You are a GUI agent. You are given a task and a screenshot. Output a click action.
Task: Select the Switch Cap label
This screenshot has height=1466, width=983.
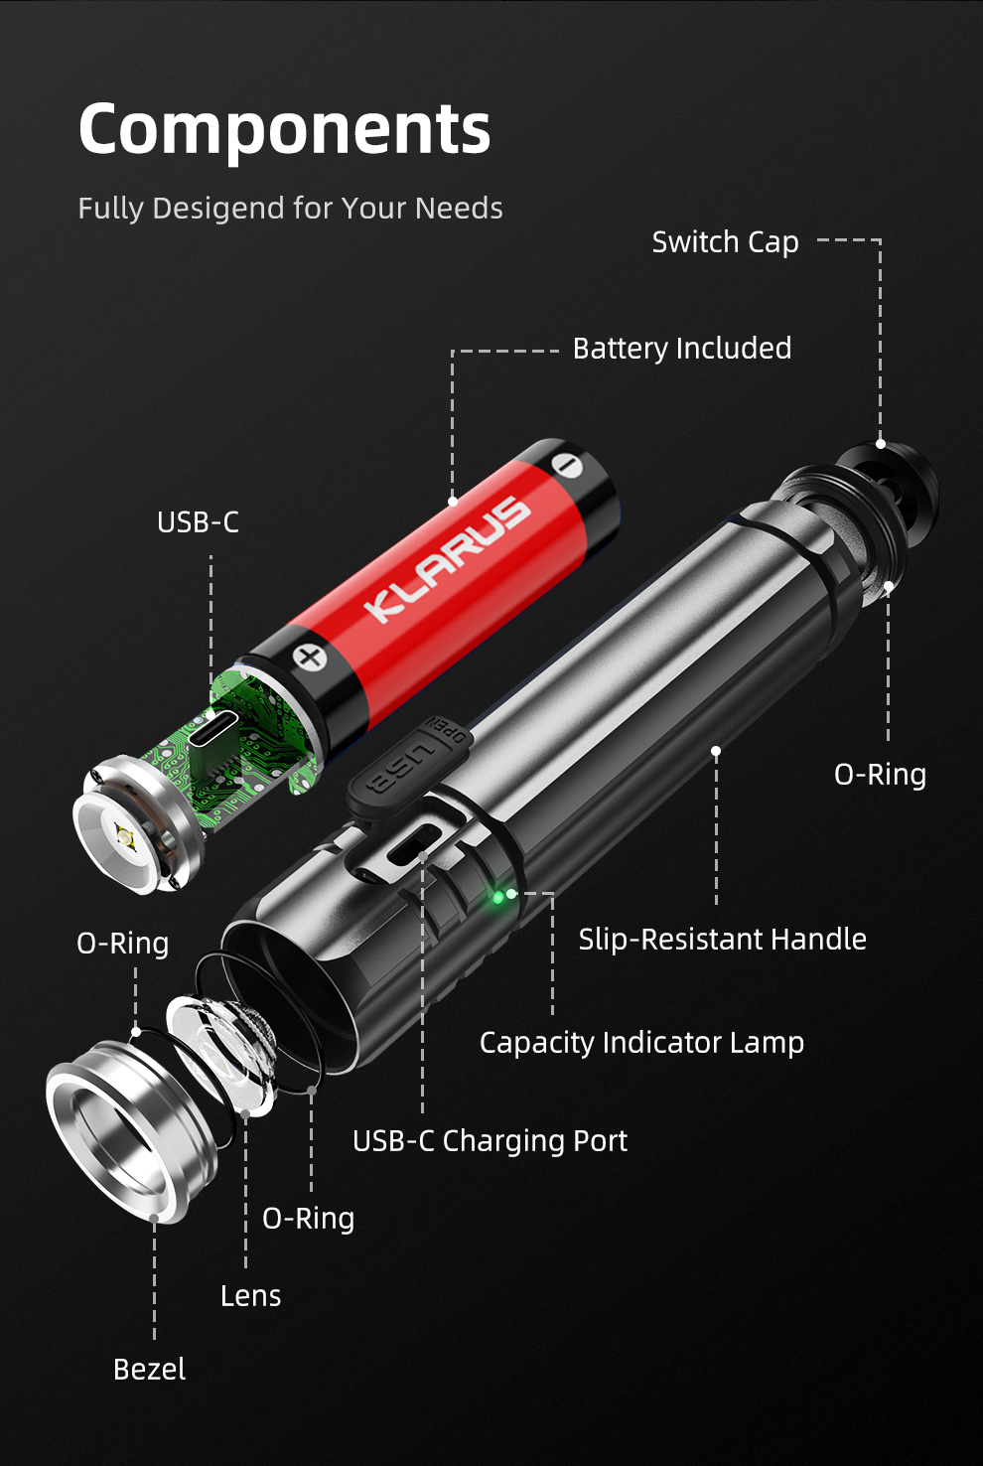click(x=725, y=242)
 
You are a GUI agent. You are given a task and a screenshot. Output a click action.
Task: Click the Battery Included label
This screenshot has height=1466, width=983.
click(x=682, y=349)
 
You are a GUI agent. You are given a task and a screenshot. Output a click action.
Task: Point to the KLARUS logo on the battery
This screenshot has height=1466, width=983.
click(x=448, y=557)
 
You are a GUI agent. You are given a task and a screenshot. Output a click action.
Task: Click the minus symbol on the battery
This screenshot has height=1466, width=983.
click(x=566, y=465)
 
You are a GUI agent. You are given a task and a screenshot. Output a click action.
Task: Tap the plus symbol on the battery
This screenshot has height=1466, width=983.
click(x=310, y=658)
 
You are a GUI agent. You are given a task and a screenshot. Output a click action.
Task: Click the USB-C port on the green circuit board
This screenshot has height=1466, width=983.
click(x=213, y=728)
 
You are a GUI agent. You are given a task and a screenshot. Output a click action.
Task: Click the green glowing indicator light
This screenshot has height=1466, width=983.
click(x=497, y=896)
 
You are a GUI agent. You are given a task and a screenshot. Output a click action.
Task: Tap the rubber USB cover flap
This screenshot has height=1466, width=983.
click(x=407, y=765)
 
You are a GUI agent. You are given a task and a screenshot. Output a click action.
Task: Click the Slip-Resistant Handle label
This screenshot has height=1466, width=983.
click(x=723, y=940)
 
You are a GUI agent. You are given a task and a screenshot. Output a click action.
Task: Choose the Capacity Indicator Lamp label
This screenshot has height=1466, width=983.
click(x=641, y=1043)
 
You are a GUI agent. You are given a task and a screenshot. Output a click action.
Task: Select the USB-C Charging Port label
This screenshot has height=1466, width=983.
click(x=490, y=1141)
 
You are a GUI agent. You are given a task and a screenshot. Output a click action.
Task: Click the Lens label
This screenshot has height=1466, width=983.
click(x=250, y=1296)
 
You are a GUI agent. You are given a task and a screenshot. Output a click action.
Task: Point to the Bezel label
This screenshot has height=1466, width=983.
click(x=149, y=1370)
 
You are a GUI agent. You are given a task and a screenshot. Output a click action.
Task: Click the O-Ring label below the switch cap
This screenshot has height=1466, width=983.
click(x=880, y=775)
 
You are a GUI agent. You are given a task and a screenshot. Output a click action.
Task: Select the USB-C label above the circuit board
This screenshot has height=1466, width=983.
click(x=198, y=522)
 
